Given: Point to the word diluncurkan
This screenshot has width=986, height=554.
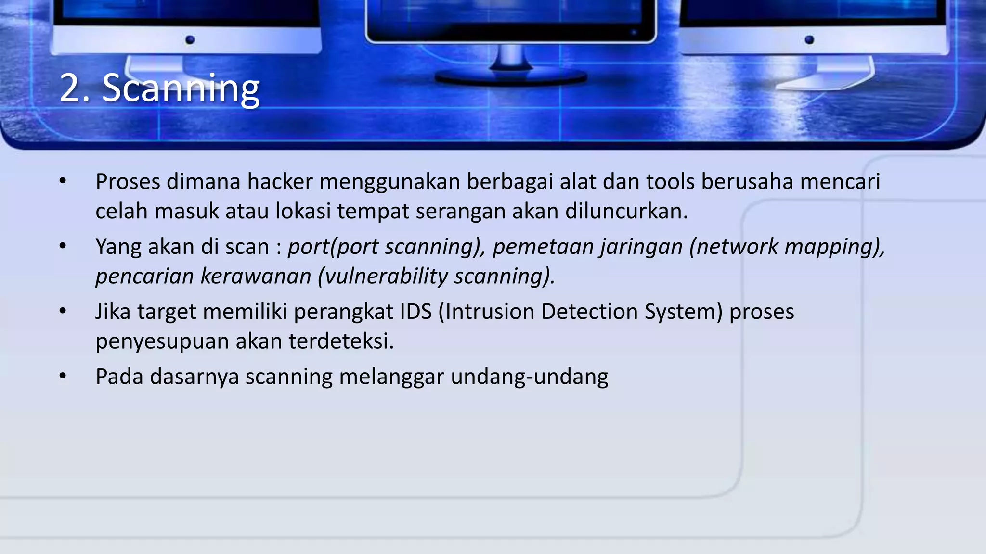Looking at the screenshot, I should click(x=626, y=211).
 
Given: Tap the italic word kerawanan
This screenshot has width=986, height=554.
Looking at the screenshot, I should click(x=256, y=277).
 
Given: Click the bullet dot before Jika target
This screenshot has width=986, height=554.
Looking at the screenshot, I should click(x=63, y=311).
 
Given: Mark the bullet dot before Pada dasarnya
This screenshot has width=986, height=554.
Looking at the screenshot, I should click(x=63, y=376).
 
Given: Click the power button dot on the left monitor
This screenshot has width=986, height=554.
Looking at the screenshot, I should click(x=190, y=39).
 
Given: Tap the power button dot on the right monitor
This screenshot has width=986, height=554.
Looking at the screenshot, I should click(x=809, y=39).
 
